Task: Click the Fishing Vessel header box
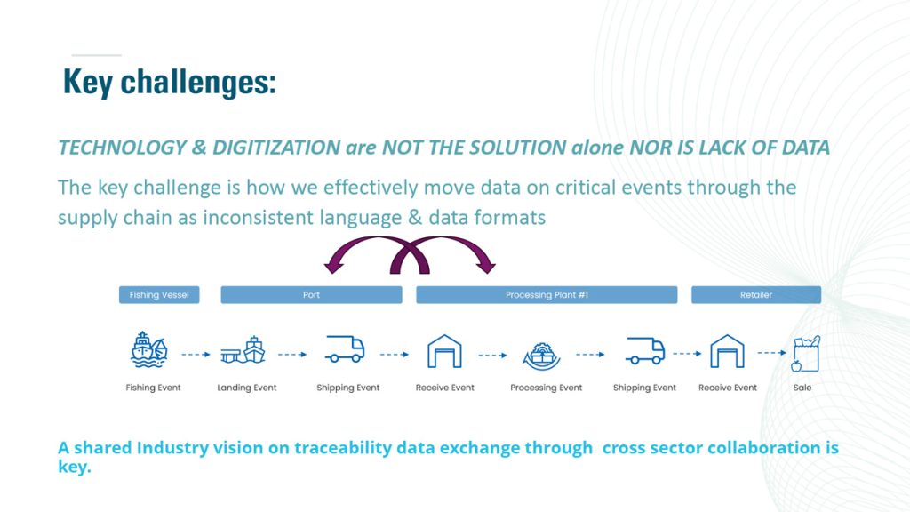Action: point(159,295)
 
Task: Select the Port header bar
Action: point(311,295)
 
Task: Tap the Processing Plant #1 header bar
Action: point(547,295)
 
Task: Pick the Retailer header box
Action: point(756,295)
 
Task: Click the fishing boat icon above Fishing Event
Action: point(149,349)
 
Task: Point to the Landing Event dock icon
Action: point(243,350)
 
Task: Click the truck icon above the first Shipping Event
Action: point(345,349)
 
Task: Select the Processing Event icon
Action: point(541,356)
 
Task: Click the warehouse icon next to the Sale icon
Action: point(727,351)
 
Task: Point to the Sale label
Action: point(802,388)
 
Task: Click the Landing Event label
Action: point(247,388)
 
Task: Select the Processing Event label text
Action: point(547,388)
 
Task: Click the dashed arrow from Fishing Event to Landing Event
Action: point(196,354)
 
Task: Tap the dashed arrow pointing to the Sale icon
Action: point(772,352)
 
